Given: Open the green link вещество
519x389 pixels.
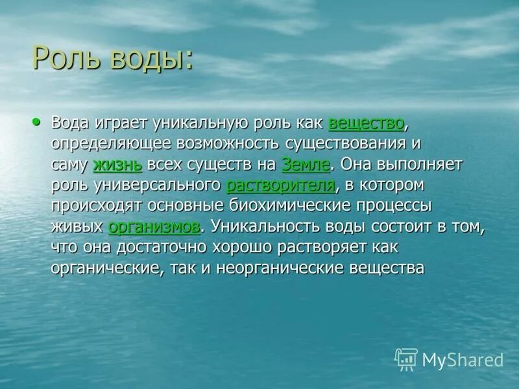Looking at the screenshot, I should tap(367, 123).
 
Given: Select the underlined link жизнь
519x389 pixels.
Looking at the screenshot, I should tap(117, 165).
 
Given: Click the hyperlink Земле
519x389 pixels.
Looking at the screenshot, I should tap(305, 165).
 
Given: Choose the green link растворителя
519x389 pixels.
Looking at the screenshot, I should tap(280, 185).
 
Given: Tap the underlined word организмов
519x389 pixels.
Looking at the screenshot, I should tap(154, 227).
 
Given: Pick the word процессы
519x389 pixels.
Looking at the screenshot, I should tap(396, 206).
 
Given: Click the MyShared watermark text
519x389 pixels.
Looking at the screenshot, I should tap(462, 359).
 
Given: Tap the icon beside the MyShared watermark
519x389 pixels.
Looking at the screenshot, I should tap(405, 359).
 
